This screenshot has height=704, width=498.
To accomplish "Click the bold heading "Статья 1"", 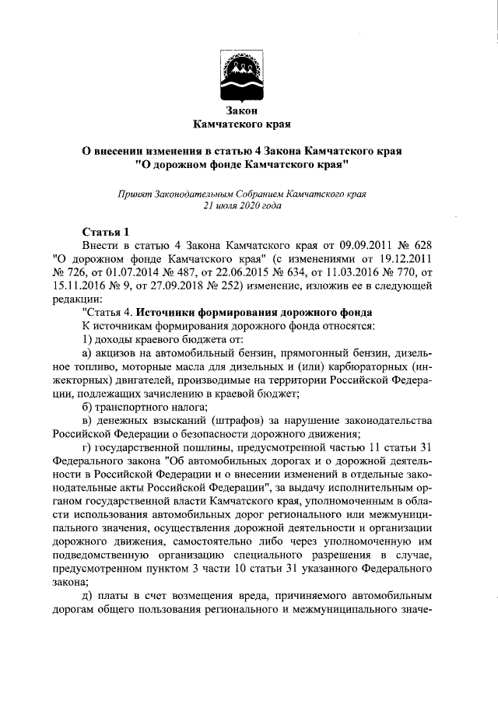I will tap(106, 232).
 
